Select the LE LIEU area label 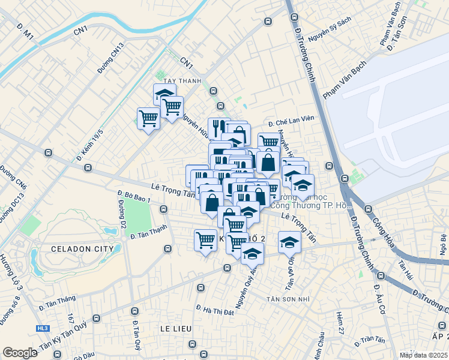[x=175, y=329]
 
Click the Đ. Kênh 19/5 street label [x=89, y=145]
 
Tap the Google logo [x=20, y=353]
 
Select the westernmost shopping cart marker [x=148, y=118]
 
